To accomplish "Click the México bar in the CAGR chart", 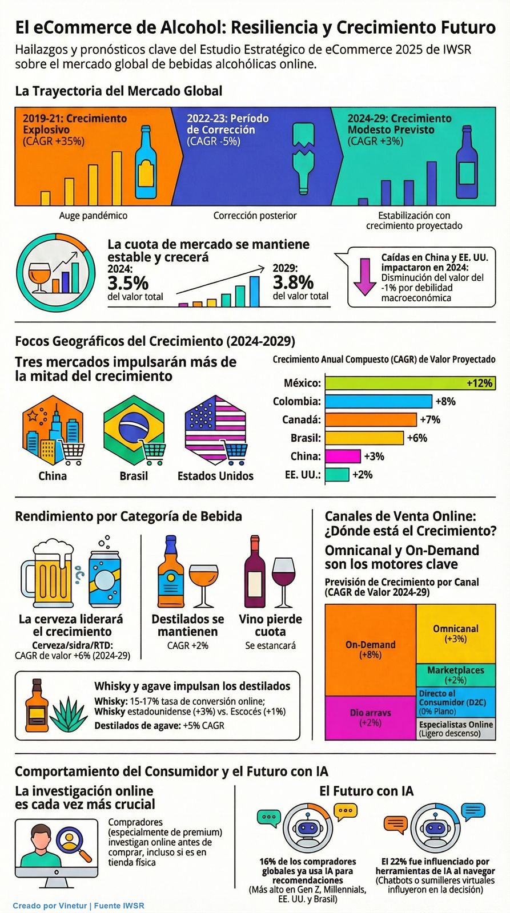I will tap(408, 383).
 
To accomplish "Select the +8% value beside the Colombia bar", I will tap(445, 401).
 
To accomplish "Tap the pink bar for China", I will tap(343, 456).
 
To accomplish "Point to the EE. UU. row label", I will tap(302, 475).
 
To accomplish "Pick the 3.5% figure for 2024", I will tap(128, 282).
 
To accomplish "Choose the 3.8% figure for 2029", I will tap(293, 282).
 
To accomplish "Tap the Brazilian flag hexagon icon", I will tap(134, 431).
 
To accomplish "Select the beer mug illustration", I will tap(47, 573).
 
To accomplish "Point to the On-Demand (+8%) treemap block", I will tap(370, 649).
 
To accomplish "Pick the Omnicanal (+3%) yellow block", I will tap(455, 633).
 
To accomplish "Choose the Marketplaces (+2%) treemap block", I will tap(455, 674).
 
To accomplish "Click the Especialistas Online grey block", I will tap(455, 729).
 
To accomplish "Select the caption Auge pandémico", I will tap(93, 216).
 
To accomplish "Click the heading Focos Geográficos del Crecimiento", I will tap(155, 341).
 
